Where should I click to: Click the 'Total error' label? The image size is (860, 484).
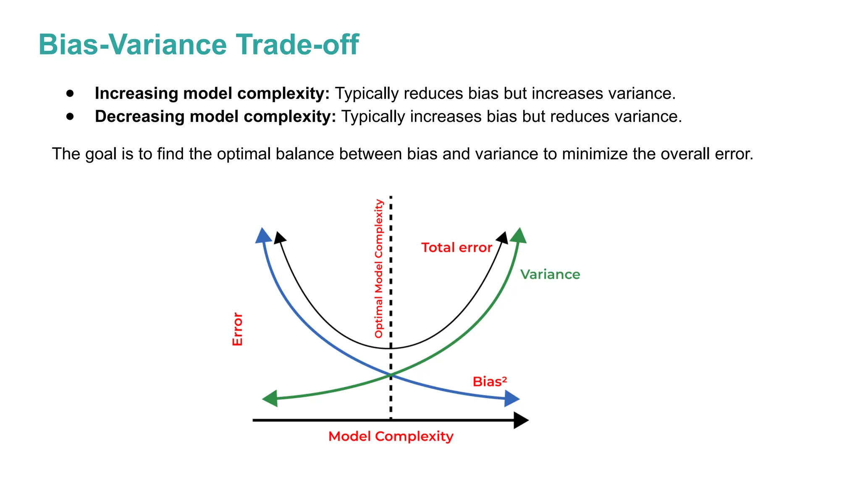click(x=456, y=247)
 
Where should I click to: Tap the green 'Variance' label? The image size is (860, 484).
click(x=550, y=274)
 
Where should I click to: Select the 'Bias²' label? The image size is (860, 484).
click(x=490, y=381)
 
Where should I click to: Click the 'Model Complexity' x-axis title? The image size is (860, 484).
click(x=391, y=436)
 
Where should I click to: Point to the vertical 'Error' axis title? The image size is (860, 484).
click(x=238, y=329)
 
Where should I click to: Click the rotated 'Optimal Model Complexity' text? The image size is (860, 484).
click(x=379, y=269)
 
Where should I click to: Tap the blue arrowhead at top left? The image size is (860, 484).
click(x=263, y=236)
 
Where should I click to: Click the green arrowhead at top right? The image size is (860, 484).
click(x=519, y=236)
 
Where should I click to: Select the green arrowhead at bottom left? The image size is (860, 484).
click(x=270, y=398)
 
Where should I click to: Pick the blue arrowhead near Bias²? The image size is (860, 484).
click(x=511, y=399)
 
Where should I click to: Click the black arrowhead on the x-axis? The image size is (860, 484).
click(x=521, y=420)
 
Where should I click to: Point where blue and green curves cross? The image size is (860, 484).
click(x=391, y=374)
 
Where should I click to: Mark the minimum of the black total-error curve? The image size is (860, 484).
click(x=391, y=348)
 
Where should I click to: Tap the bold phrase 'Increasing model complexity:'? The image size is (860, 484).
click(x=212, y=93)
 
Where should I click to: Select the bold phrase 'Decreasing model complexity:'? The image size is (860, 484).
click(x=215, y=116)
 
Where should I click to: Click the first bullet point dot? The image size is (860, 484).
click(x=70, y=93)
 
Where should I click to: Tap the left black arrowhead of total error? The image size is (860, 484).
click(x=279, y=238)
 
